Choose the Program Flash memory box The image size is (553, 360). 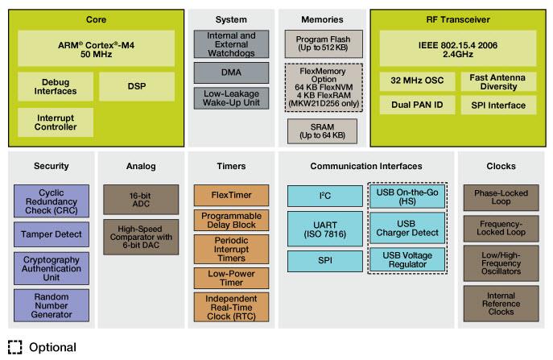(322, 43)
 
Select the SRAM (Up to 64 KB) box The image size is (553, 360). (322, 130)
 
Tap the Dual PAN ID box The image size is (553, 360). (416, 105)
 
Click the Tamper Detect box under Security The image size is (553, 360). (52, 234)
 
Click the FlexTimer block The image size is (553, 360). (231, 195)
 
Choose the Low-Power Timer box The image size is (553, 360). (231, 278)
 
